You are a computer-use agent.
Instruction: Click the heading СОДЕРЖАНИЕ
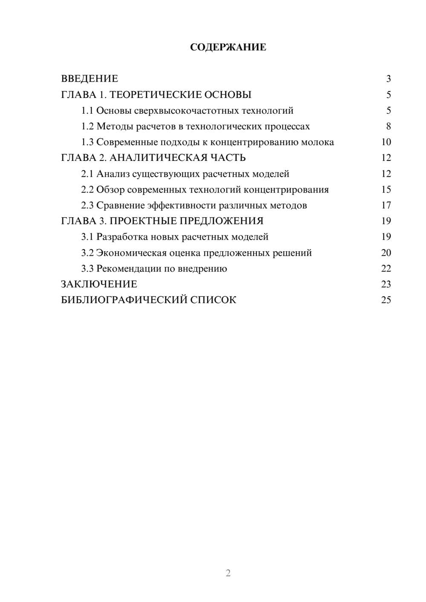tap(228, 47)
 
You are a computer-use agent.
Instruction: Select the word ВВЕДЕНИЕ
tap(89, 79)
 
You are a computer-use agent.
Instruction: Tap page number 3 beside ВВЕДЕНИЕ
tap(388, 79)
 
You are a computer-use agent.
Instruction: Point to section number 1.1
tap(87, 111)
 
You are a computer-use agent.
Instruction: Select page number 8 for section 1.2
tap(388, 126)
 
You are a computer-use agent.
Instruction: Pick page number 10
tap(386, 142)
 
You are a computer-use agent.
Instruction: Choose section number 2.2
tap(87, 189)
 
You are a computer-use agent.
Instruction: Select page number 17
tap(386, 206)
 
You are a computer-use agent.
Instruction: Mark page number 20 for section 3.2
tap(386, 253)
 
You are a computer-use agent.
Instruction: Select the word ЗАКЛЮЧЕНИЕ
tap(99, 284)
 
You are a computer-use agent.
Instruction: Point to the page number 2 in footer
tap(228, 573)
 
